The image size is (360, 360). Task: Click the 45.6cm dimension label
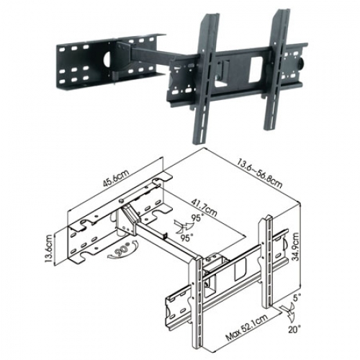coord(116,178)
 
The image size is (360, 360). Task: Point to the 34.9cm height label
coord(295,247)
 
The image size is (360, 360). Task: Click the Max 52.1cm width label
coord(247,327)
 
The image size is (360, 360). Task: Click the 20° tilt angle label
coord(294,329)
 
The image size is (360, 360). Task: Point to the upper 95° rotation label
coord(197,217)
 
